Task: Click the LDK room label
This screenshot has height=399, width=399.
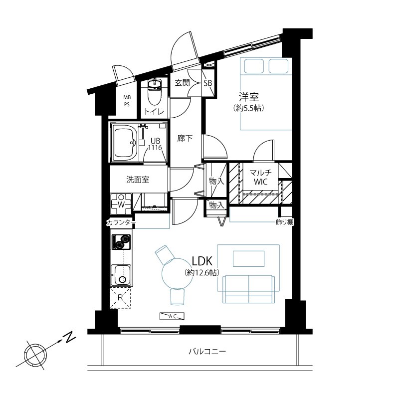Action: click(x=202, y=261)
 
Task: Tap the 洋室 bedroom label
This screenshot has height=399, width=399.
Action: click(x=248, y=97)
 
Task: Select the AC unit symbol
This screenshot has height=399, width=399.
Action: click(x=172, y=316)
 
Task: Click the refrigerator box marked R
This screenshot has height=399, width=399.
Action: click(x=120, y=297)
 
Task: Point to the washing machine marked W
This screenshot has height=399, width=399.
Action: click(x=121, y=204)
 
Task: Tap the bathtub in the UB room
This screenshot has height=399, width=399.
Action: click(x=125, y=143)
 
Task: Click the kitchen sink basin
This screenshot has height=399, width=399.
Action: click(x=121, y=275)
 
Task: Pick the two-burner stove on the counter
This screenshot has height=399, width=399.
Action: click(x=121, y=242)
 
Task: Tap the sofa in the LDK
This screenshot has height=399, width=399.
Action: click(x=248, y=289)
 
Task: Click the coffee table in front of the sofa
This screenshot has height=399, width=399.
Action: click(x=248, y=258)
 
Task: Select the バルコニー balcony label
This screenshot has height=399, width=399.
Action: click(x=207, y=352)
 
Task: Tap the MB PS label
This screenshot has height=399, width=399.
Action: click(x=127, y=101)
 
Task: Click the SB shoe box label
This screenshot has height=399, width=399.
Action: click(x=208, y=83)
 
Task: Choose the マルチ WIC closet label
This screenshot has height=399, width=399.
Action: click(x=260, y=178)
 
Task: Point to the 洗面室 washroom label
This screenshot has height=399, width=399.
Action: click(x=138, y=180)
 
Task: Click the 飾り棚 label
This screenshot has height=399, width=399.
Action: click(x=285, y=222)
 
